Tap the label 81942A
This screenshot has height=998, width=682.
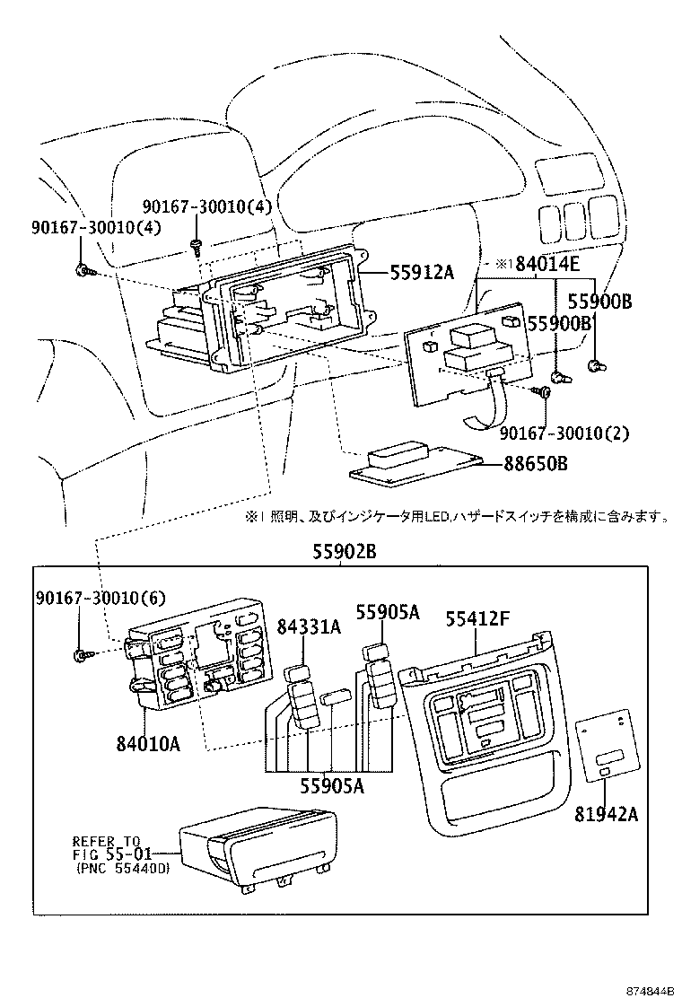point(608,814)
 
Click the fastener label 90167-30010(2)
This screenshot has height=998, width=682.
point(564,433)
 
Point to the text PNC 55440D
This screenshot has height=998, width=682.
point(126,868)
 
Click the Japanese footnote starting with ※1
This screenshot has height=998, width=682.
point(457,516)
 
